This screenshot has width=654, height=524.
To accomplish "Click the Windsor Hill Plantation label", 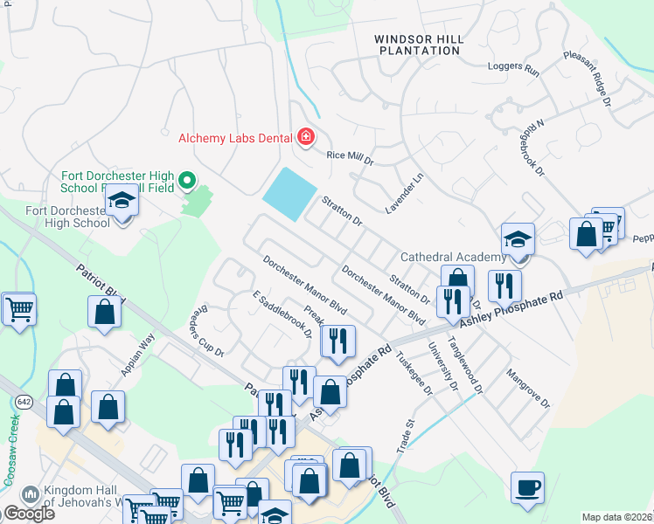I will [x=417, y=45].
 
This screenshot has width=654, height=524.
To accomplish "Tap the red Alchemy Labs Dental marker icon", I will [x=306, y=136].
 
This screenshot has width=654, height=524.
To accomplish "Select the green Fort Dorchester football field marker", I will [x=186, y=182].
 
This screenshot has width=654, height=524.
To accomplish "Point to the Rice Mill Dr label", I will [x=350, y=158].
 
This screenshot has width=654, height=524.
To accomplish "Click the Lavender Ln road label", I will [x=404, y=193].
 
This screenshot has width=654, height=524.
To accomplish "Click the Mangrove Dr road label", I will [x=527, y=390].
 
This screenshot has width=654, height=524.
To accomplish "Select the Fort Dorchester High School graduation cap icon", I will [x=122, y=202].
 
